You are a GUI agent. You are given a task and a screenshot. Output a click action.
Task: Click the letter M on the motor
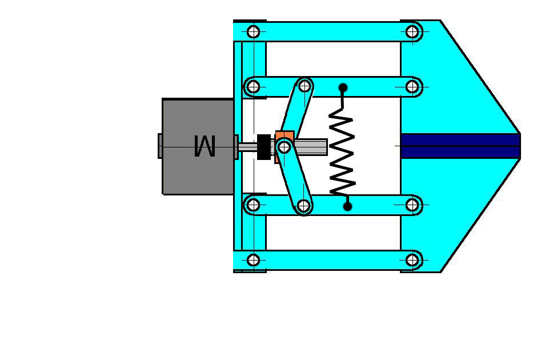(205, 146)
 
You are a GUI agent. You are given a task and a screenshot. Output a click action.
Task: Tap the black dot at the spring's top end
(343, 88)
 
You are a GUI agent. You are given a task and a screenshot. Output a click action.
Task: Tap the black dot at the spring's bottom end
(347, 206)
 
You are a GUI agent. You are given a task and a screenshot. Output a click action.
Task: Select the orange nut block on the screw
(284, 137)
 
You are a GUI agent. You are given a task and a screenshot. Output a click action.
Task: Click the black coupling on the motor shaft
(264, 147)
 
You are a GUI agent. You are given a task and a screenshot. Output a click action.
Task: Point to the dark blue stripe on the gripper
(460, 146)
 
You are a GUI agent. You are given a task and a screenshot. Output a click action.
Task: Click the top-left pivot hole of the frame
(254, 31)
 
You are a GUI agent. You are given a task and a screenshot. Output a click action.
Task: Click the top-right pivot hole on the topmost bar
(412, 31)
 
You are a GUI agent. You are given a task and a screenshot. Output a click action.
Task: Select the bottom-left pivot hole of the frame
(254, 261)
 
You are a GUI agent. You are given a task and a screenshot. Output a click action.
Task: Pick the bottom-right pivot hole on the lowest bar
(412, 261)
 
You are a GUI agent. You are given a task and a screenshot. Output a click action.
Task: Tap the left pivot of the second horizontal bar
(254, 87)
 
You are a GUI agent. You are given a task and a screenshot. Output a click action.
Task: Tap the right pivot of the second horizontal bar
(412, 87)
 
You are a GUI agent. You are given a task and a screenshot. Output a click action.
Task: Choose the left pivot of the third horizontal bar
(254, 205)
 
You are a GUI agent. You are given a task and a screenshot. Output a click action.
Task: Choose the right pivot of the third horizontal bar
(412, 205)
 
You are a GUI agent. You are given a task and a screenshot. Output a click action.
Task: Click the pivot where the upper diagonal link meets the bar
(305, 86)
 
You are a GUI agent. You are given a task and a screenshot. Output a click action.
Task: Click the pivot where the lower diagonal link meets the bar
(303, 205)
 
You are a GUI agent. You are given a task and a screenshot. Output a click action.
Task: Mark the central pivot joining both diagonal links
(284, 147)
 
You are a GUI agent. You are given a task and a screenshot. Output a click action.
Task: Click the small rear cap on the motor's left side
(160, 146)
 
